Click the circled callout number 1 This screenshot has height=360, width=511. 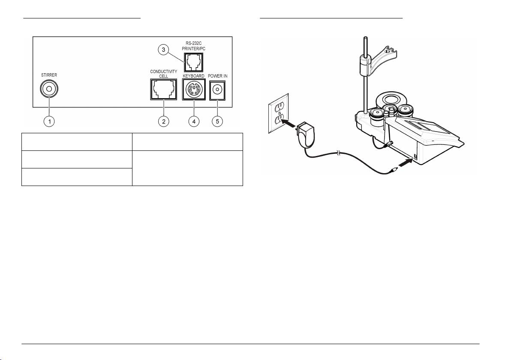pyautogui.click(x=49, y=121)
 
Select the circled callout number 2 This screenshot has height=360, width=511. pyautogui.click(x=163, y=121)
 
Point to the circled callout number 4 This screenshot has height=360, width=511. pyautogui.click(x=194, y=121)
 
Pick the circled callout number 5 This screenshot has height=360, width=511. pyautogui.click(x=218, y=121)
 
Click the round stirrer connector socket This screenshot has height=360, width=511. pyautogui.click(x=48, y=90)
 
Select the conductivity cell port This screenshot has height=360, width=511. pyautogui.click(x=163, y=90)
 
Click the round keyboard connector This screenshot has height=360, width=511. pyautogui.click(x=194, y=90)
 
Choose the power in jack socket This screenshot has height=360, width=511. pyautogui.click(x=218, y=90)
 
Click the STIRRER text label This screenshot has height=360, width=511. pyautogui.click(x=49, y=75)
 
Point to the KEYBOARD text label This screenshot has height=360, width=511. pyautogui.click(x=193, y=76)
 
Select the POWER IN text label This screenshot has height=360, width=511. pyautogui.click(x=218, y=76)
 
